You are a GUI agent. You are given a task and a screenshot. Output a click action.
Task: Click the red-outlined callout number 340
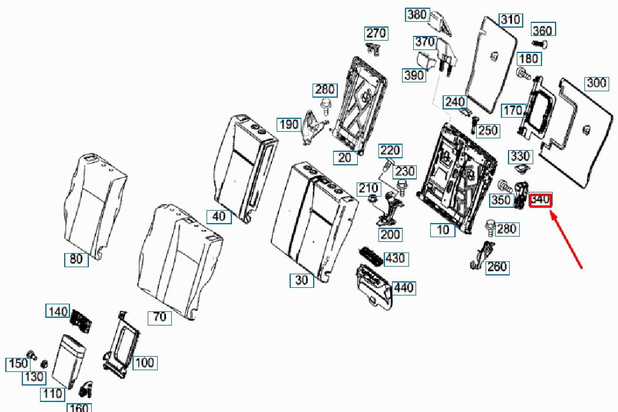pyautogui.click(x=540, y=200)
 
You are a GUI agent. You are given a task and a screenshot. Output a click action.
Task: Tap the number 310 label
pyautogui.click(x=510, y=20)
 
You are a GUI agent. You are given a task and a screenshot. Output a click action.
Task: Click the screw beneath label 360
pyautogui.click(x=540, y=44)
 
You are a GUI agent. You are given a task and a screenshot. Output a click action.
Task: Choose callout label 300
pyautogui.click(x=597, y=83)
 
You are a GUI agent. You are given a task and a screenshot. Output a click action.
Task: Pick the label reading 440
pyautogui.click(x=404, y=288)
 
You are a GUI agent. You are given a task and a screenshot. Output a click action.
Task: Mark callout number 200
pyautogui.click(x=390, y=234)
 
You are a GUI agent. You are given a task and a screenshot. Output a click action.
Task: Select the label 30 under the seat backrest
pyautogui.click(x=301, y=280)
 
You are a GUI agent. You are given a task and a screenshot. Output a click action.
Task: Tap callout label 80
pyautogui.click(x=77, y=258)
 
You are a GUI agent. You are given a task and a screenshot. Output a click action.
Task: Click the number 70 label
pyautogui.click(x=160, y=317)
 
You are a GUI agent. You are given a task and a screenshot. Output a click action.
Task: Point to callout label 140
pyautogui.click(x=58, y=311)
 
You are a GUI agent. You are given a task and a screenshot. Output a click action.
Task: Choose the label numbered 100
pyautogui.click(x=145, y=363)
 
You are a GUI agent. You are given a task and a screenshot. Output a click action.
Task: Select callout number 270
pyautogui.click(x=376, y=32)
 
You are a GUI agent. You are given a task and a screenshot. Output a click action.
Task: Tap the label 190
pyautogui.click(x=289, y=124)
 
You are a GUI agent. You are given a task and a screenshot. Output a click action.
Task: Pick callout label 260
pyautogui.click(x=497, y=267)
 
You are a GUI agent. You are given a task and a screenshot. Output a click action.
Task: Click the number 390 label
pyautogui.click(x=414, y=75)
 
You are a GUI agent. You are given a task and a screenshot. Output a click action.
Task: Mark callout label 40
pyautogui.click(x=219, y=216)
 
